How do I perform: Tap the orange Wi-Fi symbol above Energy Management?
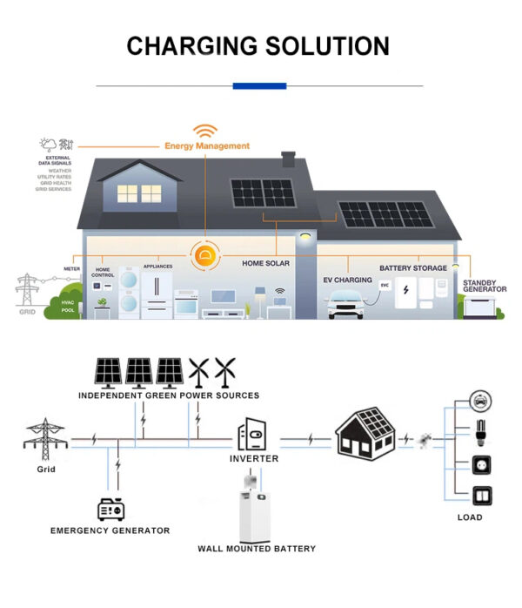pos(205,132)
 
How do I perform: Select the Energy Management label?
pos(207,146)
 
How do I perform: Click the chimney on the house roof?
pos(289,161)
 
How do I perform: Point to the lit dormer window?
pos(128,193)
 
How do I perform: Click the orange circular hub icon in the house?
pos(205,256)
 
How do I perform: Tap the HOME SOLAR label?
pos(266,262)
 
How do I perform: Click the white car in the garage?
pos(349,305)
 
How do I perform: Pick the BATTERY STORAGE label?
pos(413,268)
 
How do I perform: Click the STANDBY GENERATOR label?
pos(479,286)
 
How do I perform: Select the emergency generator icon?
pos(110,509)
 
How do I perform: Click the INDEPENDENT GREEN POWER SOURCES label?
pos(169,395)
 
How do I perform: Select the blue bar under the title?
pos(259,85)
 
